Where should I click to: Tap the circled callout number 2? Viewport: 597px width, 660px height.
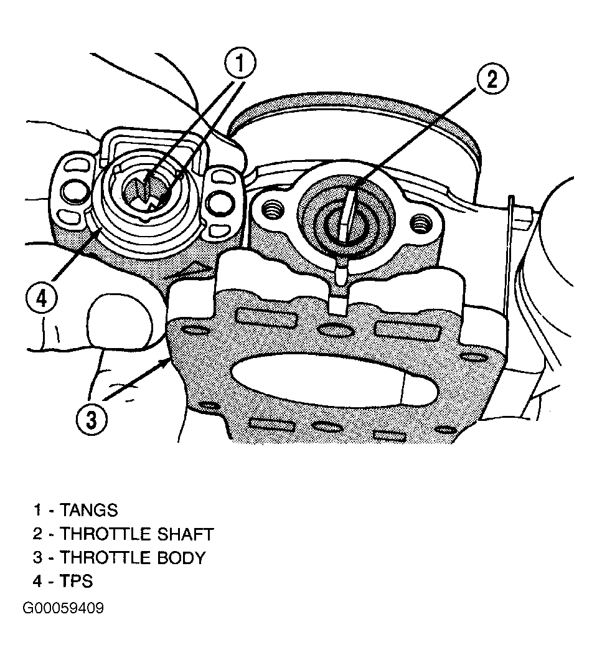coord(492,79)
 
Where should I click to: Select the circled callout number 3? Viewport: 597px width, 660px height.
coord(92,420)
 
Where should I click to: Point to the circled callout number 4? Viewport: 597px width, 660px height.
coord(41,299)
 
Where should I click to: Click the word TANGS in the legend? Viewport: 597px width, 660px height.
coord(89,510)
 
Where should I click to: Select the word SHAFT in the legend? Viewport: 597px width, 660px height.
coord(186,534)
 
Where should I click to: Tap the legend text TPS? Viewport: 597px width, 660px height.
coord(76,582)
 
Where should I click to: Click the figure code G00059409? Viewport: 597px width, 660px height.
coord(63,608)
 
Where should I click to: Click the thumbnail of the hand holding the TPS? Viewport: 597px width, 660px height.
coord(120,321)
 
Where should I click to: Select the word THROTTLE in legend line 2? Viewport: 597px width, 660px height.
coord(106,534)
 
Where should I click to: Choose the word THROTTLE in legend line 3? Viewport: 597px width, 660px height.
coord(106,558)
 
